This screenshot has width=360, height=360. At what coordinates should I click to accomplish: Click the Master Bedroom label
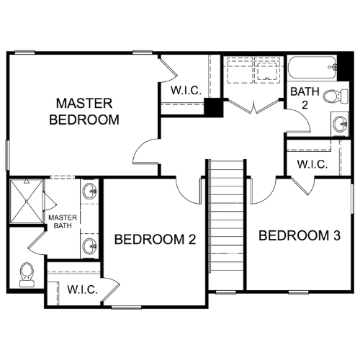pos(84,112)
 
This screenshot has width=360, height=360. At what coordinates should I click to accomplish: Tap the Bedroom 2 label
pos(155,239)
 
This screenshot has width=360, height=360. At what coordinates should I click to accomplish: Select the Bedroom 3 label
pos(300,235)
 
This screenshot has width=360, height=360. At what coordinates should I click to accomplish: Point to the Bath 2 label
pos(305,98)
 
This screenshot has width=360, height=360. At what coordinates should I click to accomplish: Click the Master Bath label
pos(63,222)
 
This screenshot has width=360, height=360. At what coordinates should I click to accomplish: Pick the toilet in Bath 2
pos(336,96)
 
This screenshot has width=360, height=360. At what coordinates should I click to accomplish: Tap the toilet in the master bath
pos(27,275)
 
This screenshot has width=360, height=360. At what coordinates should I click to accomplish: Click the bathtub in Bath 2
pos(312,68)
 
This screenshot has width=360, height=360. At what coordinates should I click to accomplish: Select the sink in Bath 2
pos(341,125)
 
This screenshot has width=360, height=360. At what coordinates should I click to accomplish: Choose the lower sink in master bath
pos(89,246)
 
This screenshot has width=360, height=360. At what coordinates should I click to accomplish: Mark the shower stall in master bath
pos(27,202)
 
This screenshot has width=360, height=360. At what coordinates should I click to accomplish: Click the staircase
pos(227,216)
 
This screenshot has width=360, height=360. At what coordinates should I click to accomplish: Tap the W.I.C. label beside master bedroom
pos(186,91)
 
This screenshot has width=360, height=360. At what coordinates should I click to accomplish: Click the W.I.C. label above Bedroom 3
pos(312,164)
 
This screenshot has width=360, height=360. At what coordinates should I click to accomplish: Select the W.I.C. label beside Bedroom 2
pos(83,289)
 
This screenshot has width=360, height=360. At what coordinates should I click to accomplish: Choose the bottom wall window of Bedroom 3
pos(298,292)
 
